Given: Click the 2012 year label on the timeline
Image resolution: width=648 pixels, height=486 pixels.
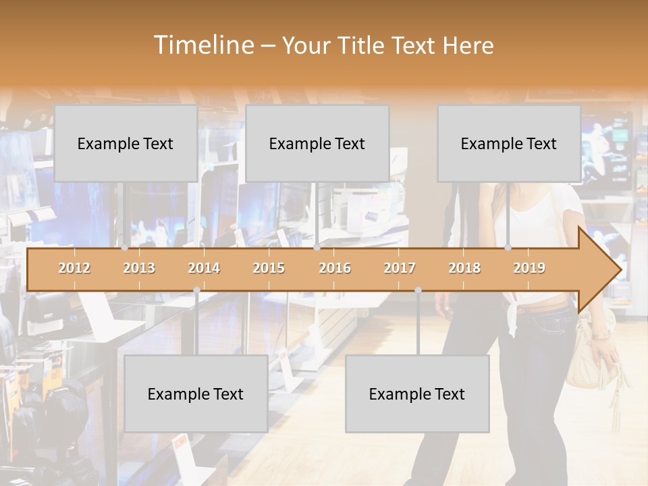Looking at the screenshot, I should pyautogui.click(x=74, y=268).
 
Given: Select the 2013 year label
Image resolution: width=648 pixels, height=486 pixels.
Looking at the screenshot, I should pyautogui.click(x=139, y=268).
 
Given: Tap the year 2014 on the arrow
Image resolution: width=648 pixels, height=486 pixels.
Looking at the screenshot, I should pyautogui.click(x=204, y=268).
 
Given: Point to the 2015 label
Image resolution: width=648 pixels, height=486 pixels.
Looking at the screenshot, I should pyautogui.click(x=269, y=268).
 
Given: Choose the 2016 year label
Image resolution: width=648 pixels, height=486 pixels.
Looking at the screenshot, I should pyautogui.click(x=335, y=268).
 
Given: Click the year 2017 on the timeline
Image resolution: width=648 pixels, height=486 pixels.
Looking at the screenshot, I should pyautogui.click(x=400, y=268).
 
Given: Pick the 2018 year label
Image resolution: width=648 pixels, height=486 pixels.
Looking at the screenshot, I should pyautogui.click(x=464, y=268).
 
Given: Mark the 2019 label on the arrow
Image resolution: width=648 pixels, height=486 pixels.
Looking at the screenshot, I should pyautogui.click(x=529, y=268).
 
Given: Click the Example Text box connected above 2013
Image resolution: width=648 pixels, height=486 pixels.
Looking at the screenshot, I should pyautogui.click(x=126, y=143).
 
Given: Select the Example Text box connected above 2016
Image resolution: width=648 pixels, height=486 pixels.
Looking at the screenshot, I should pyautogui.click(x=317, y=143).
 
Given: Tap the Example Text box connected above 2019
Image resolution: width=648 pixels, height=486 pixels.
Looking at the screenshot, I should pyautogui.click(x=509, y=143).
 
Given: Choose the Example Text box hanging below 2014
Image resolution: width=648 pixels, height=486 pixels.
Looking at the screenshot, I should pyautogui.click(x=196, y=394).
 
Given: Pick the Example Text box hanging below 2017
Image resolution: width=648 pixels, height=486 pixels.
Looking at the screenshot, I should pyautogui.click(x=417, y=394).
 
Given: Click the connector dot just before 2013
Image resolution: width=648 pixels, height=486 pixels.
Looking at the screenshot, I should pyautogui.click(x=124, y=248).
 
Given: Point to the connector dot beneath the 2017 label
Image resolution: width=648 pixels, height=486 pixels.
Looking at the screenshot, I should pyautogui.click(x=418, y=290).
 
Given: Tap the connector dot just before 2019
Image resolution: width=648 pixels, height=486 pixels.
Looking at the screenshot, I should pyautogui.click(x=508, y=248).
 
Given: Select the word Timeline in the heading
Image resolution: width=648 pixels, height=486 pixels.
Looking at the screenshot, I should pyautogui.click(x=203, y=45).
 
